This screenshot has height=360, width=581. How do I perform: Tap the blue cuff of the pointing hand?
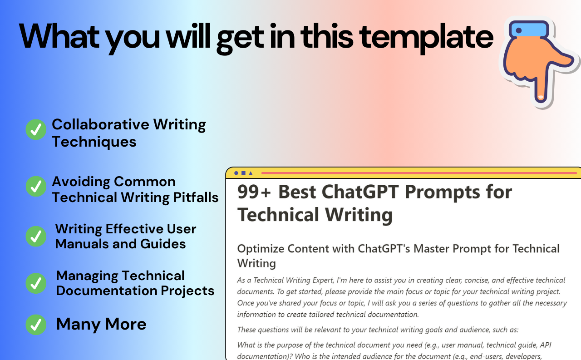coord(529,30)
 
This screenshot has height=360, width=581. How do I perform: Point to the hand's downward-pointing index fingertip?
coord(541,97)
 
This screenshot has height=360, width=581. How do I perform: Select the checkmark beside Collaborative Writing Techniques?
coord(36,129)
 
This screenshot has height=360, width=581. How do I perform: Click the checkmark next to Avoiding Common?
coord(36,186)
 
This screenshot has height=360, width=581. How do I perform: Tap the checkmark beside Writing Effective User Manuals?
coord(36,236)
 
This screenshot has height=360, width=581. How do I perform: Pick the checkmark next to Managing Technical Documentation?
coord(36,283)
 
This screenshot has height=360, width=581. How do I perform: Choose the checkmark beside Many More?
coord(36,325)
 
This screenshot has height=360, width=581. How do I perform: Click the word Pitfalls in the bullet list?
coord(196,197)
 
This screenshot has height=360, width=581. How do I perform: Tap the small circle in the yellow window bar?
coord(236,173)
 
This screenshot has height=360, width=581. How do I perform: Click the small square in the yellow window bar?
coord(243,173)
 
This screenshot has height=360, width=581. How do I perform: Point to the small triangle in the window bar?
coord(251,173)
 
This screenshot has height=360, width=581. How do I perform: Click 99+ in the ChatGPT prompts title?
coord(254,192)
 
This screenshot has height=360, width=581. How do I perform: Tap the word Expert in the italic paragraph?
coord(321,280)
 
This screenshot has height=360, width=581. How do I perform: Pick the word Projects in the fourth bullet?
coord(187,291)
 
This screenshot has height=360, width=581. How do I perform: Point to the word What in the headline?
coord(59,36)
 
